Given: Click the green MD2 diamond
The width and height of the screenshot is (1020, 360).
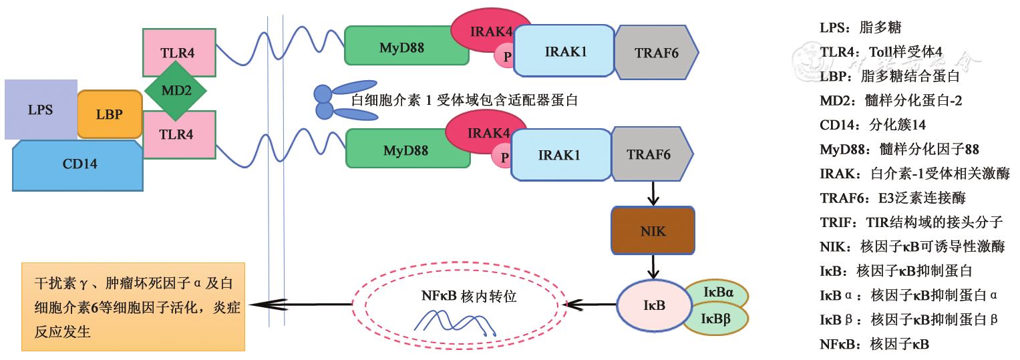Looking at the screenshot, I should point(176,92).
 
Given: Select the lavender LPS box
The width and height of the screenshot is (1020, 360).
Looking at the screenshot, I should point(40,110).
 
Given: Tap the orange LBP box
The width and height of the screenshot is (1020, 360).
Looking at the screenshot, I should point(110,114).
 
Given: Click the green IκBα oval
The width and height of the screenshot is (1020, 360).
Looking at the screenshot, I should point(719,293).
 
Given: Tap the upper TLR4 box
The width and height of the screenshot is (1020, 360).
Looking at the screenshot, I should point(178,52).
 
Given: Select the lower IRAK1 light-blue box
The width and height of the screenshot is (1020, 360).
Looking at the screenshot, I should point(559,155).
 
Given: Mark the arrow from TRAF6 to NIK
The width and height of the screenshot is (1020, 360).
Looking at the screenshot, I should point(653,193).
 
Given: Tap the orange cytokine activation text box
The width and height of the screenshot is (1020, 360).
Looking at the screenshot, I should point(134,307).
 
